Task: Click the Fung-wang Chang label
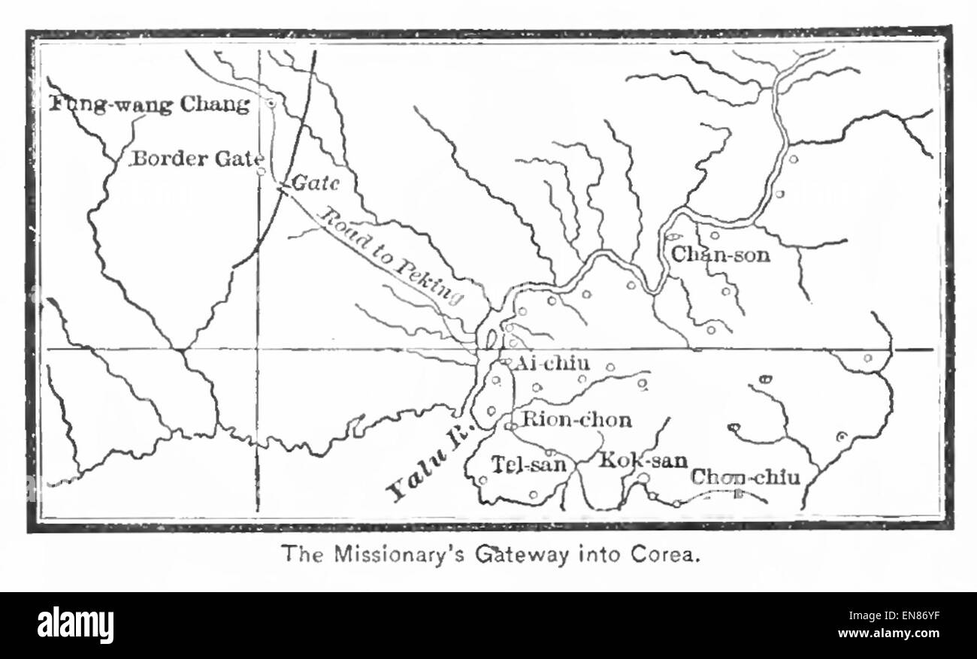[150, 104]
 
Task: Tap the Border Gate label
[197, 159]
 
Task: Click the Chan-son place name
[720, 255]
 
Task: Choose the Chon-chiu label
[745, 476]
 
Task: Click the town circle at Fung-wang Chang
[271, 103]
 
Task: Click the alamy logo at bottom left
[76, 625]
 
